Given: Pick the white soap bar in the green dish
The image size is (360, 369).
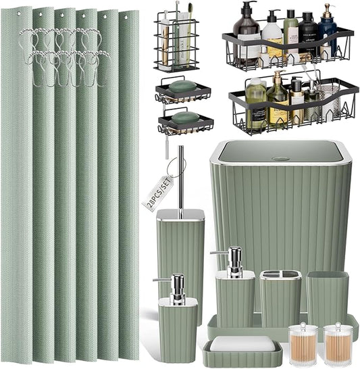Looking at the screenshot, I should coord(242,344).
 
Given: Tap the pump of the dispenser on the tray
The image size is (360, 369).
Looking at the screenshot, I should coord(234,260).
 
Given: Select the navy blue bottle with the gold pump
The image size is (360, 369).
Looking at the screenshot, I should coord(328,38).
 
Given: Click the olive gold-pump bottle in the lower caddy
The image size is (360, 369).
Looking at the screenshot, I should coord(279,101).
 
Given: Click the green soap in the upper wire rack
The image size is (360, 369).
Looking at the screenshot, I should coord(182,87).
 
